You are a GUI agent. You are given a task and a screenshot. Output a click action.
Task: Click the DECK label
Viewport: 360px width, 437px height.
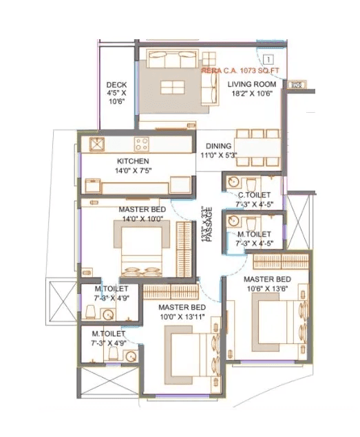[116, 85]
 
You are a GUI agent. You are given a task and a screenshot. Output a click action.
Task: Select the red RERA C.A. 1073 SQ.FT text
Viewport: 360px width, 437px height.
[237, 70]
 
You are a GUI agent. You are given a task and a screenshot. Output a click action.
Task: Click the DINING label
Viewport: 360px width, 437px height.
[219, 147]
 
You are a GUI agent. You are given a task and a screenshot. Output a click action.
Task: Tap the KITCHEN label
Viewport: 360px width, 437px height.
[133, 161]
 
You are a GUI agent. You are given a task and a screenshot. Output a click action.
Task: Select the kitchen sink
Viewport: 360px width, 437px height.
[97, 145]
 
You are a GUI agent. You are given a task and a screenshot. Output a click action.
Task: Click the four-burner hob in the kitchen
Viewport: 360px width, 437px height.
[142, 145]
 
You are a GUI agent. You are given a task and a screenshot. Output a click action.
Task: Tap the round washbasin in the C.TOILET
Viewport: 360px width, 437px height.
[234, 182]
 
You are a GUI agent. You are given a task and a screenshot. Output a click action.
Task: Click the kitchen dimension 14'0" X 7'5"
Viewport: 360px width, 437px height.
[133, 171]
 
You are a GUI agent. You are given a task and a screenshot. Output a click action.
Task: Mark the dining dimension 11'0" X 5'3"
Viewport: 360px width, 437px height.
[219, 156]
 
